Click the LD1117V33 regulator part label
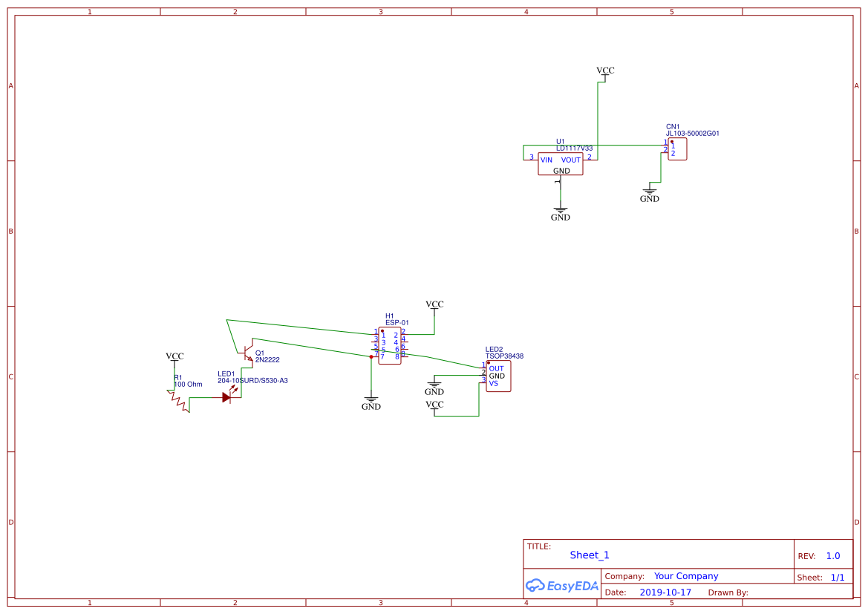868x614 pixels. (574, 148)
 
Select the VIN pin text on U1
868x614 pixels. (546, 160)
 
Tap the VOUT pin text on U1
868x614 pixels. (570, 160)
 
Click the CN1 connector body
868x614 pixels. (677, 149)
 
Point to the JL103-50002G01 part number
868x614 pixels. (692, 134)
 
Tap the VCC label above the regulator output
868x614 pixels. (605, 71)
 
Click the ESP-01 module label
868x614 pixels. (397, 323)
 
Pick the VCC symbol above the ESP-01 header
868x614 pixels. (434, 305)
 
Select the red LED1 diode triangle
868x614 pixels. (226, 397)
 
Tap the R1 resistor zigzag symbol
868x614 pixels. (179, 399)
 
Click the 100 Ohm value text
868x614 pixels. (188, 385)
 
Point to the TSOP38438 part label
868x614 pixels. (504, 356)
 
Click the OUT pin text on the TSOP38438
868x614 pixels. (496, 368)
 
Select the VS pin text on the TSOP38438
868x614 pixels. (493, 384)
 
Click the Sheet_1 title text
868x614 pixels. (590, 555)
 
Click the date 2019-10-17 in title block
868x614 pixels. (665, 592)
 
